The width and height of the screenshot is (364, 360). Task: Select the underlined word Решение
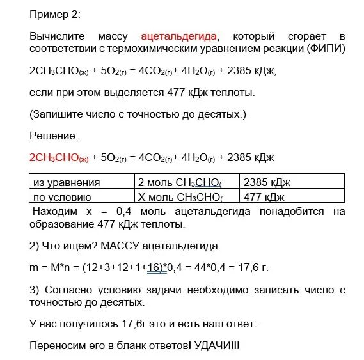coord(54,136)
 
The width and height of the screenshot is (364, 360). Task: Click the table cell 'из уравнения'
coord(67,182)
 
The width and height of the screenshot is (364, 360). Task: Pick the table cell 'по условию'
coord(62,197)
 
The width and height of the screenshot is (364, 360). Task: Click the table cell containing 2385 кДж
coord(264,182)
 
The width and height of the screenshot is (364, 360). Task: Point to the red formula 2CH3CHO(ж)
coord(59,157)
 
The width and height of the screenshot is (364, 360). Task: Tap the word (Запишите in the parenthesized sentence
coord(56,114)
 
